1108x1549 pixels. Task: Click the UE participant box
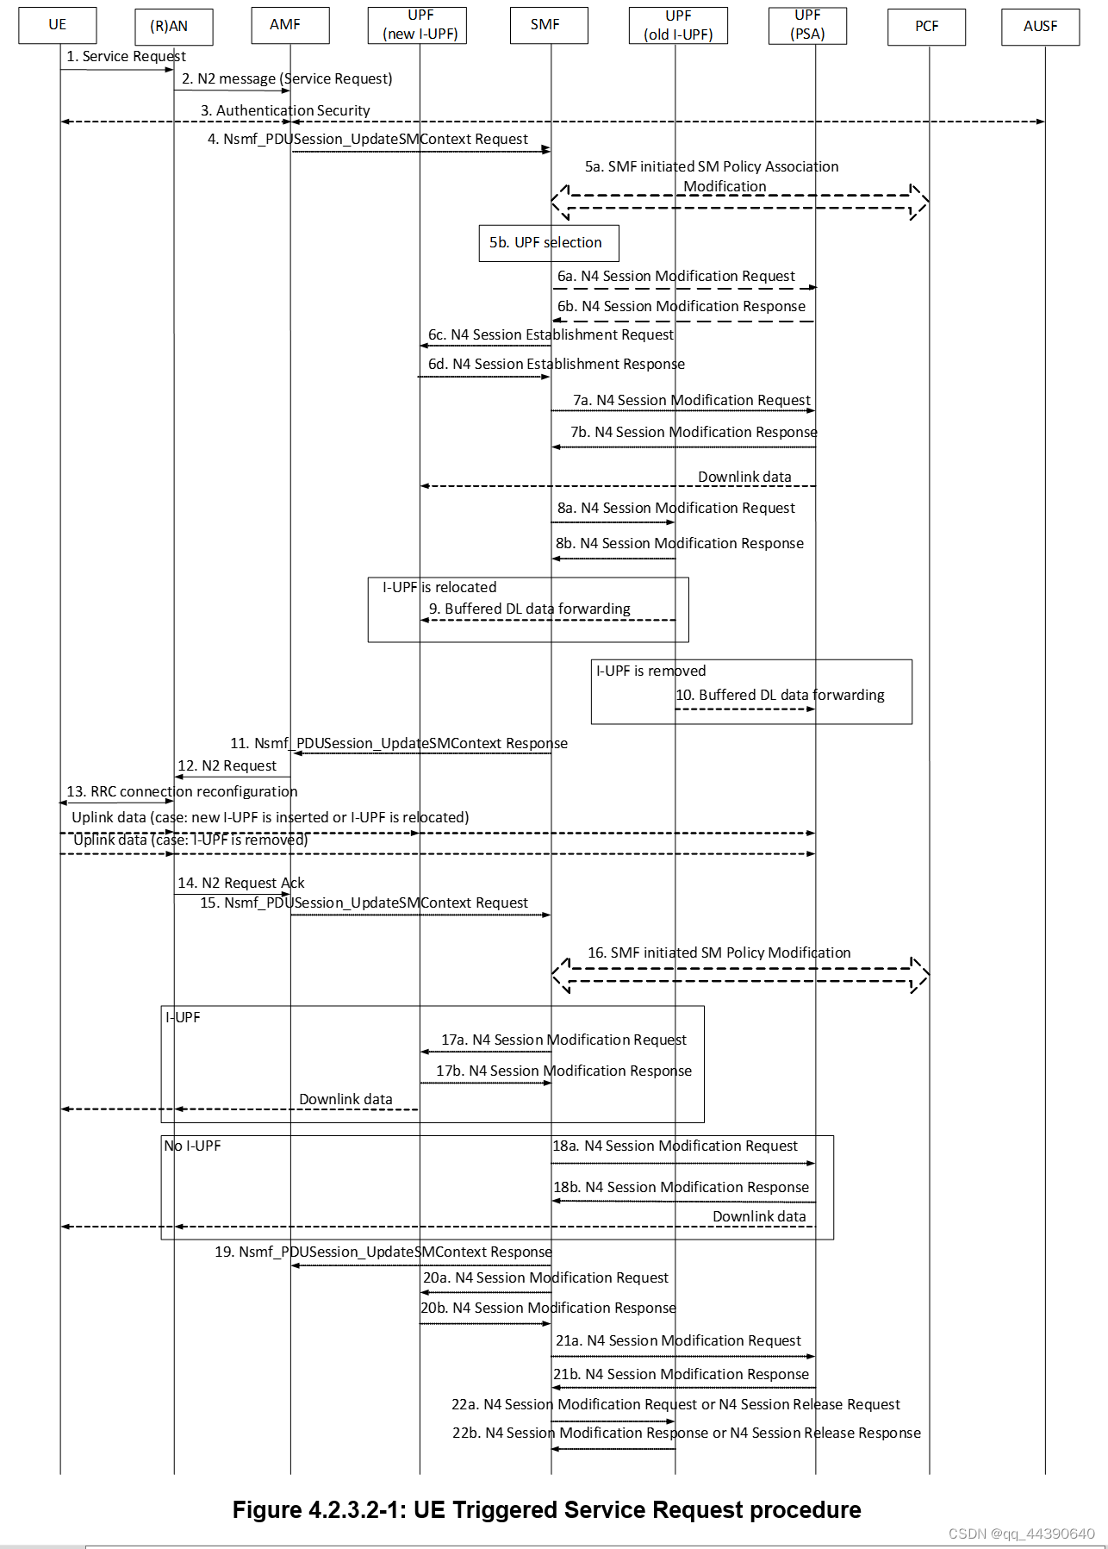[58, 25]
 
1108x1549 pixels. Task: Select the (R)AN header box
[173, 27]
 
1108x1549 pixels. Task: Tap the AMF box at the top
[289, 25]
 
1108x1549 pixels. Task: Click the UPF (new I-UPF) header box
[420, 25]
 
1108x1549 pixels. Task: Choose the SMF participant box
[549, 25]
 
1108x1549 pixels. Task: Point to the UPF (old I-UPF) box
[678, 26]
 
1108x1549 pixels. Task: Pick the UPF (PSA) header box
[807, 25]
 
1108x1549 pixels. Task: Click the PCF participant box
[926, 27]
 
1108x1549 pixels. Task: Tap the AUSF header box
[1040, 27]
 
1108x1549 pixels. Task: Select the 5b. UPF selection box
[548, 243]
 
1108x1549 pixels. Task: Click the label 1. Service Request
[126, 57]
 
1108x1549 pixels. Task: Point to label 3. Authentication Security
[285, 111]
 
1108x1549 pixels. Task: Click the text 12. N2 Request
[227, 766]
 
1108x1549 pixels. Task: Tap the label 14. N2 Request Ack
[240, 884]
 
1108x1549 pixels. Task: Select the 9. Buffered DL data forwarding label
[530, 609]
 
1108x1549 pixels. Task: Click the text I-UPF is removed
[650, 671]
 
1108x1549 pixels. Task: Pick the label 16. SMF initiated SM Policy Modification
[719, 953]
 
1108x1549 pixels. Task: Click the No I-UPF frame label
[192, 1146]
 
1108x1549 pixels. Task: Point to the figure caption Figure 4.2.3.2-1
[546, 1510]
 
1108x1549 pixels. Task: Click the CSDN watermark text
[1021, 1534]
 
